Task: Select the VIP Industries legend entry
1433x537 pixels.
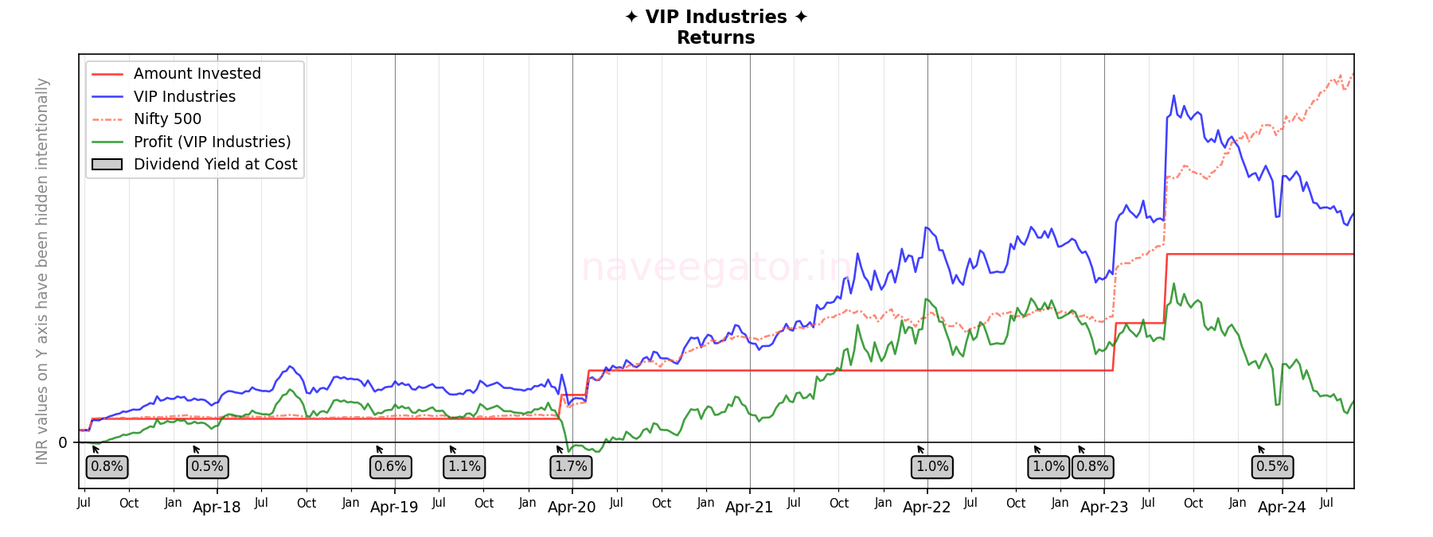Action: [x=184, y=96]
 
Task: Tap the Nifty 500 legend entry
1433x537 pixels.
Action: [x=167, y=119]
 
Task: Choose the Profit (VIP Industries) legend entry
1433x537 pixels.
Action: [x=212, y=142]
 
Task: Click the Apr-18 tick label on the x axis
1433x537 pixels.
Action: [x=217, y=508]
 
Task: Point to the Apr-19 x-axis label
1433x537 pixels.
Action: [x=394, y=508]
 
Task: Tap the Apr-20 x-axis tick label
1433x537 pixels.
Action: [x=572, y=508]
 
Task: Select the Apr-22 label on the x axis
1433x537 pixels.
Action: [x=927, y=508]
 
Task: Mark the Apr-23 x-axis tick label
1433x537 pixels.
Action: [x=1104, y=508]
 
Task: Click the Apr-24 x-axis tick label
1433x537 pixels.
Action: [x=1282, y=508]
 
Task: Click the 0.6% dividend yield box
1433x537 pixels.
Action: [x=390, y=467]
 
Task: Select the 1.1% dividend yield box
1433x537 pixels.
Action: [x=464, y=467]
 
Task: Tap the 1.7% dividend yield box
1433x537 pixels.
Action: [x=571, y=467]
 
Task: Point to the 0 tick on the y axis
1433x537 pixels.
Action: [x=63, y=443]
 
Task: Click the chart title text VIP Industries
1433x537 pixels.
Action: [x=716, y=18]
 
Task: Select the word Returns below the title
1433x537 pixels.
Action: [x=716, y=38]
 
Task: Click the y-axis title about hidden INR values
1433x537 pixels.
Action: [x=42, y=270]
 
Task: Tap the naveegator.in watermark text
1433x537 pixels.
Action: [x=716, y=267]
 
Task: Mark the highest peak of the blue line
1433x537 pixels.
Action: [x=1173, y=96]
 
